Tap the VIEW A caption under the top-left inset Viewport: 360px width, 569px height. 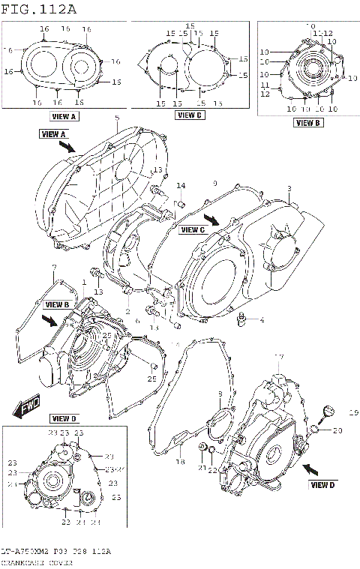[x=64, y=117]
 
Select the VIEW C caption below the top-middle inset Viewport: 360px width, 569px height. [x=189, y=115]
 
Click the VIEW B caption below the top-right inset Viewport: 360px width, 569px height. [x=307, y=122]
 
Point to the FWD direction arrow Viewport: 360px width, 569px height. [x=27, y=409]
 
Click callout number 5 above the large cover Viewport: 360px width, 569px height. [x=117, y=119]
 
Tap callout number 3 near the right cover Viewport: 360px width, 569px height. [x=288, y=188]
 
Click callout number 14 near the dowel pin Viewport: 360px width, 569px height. [x=181, y=185]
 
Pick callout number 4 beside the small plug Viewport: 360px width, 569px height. [x=262, y=321]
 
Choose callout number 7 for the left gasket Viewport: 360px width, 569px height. [x=54, y=268]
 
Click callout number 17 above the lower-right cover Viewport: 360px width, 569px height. [x=278, y=357]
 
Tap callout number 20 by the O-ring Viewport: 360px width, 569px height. [x=337, y=430]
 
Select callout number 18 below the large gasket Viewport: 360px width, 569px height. [x=180, y=463]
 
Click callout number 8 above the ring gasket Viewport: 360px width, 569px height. [x=219, y=394]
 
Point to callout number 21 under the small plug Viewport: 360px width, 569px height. [x=202, y=468]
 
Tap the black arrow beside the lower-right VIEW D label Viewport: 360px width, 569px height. [x=312, y=467]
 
